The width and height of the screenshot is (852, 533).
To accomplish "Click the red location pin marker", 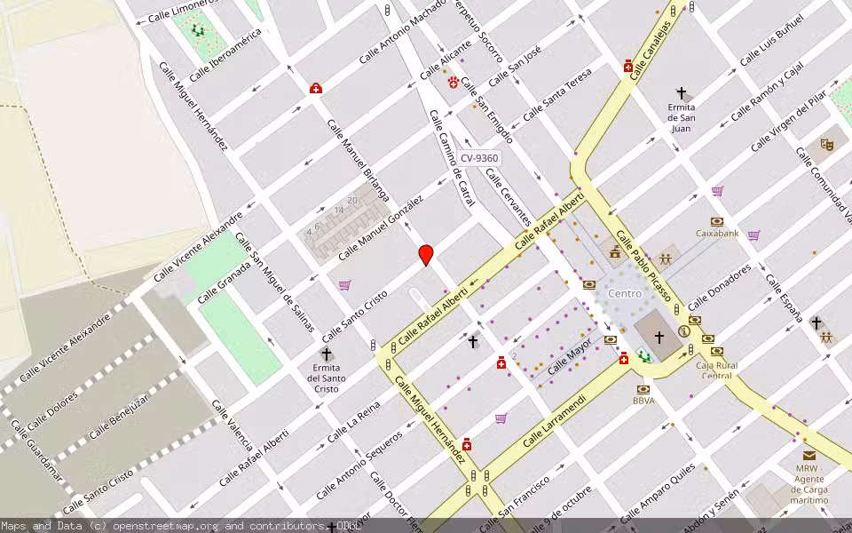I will [x=426, y=254].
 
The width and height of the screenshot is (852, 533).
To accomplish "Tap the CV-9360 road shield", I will [x=479, y=158].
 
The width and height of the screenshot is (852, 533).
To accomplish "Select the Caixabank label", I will [x=717, y=233].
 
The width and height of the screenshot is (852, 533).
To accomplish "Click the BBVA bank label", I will [x=643, y=401].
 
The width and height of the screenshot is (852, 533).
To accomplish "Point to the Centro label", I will [x=625, y=293].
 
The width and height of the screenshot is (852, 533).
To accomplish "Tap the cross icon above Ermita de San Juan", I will [x=682, y=92].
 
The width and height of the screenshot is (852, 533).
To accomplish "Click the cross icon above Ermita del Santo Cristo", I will [x=327, y=354].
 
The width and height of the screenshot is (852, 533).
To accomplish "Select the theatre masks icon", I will [x=827, y=142].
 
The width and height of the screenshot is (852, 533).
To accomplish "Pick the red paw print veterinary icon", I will [x=454, y=82].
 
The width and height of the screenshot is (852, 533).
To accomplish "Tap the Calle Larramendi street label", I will [x=556, y=423].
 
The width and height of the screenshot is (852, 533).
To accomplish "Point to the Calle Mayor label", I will [x=569, y=357].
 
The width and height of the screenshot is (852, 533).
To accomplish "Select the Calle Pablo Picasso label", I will [x=643, y=267].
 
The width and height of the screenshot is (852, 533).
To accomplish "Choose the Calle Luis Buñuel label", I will [x=771, y=39].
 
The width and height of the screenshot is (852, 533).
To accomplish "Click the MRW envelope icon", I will [x=809, y=455].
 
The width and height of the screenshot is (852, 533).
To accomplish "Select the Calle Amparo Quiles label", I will [x=658, y=494].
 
